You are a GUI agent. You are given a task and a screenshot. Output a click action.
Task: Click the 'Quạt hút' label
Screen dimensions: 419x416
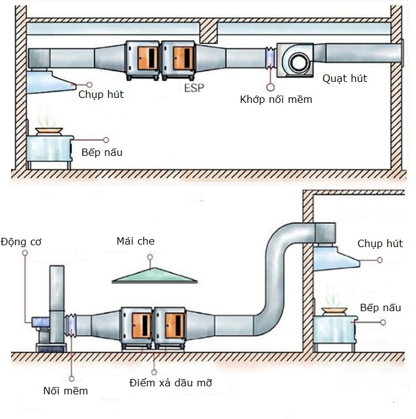click(x=345, y=78)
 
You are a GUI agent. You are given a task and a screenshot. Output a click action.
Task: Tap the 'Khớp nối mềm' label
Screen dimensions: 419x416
click(x=276, y=99)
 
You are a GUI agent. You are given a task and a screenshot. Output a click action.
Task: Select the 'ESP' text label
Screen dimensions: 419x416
click(x=194, y=87)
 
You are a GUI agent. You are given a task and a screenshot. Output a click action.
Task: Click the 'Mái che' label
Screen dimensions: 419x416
click(x=136, y=241)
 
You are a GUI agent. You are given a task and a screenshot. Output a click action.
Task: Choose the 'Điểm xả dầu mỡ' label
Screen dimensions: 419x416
click(x=171, y=383)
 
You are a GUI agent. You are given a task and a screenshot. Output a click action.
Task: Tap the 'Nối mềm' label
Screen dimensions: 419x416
click(x=66, y=391)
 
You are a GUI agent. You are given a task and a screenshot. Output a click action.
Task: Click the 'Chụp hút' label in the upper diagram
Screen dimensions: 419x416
click(x=101, y=94)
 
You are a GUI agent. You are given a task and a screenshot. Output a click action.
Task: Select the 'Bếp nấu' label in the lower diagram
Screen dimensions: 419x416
click(x=380, y=307)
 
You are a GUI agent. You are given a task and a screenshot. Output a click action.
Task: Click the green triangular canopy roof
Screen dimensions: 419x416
click(x=154, y=275)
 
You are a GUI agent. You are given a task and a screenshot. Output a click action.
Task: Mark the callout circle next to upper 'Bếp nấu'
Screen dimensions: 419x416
click(x=106, y=140)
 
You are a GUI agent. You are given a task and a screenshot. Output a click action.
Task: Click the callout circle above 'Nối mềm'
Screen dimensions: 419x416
click(x=72, y=378)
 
